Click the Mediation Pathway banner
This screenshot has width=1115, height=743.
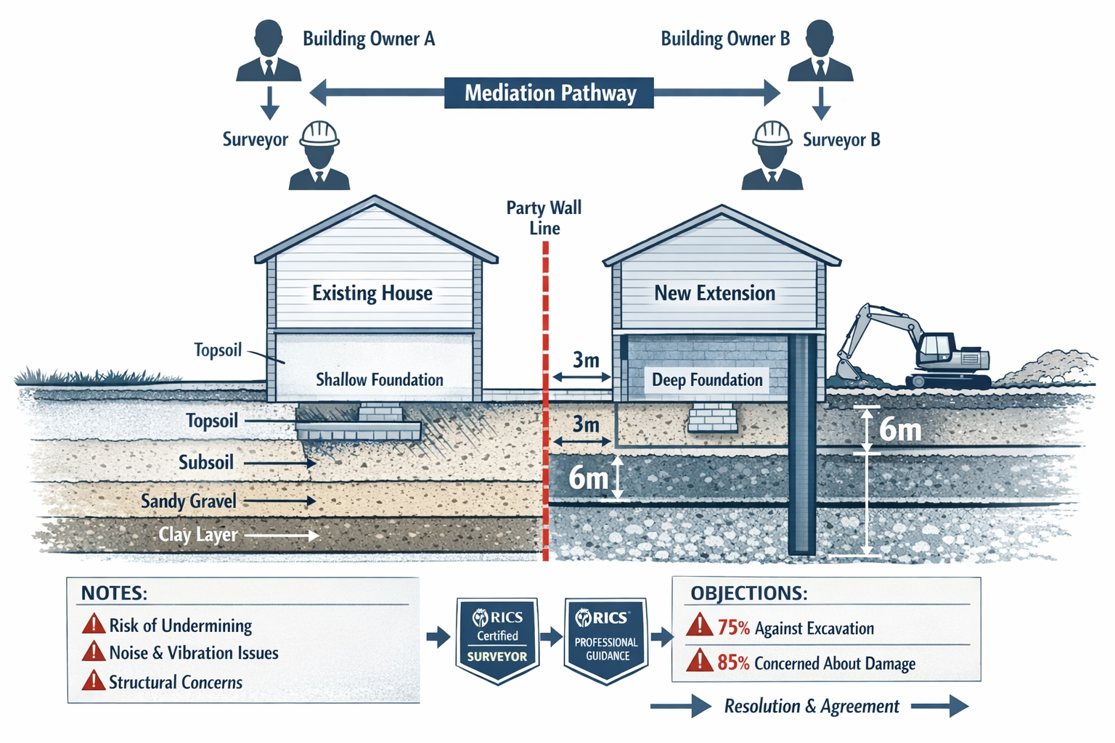tap(549, 93)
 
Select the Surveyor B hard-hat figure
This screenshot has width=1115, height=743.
tap(772, 155)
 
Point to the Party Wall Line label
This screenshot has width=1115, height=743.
tap(544, 218)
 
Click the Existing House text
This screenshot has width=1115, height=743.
tap(372, 293)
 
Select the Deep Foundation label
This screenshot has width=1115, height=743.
tap(707, 380)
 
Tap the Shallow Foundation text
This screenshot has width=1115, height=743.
tap(379, 379)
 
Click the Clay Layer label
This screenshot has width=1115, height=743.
tap(198, 535)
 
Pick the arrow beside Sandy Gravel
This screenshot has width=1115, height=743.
tap(279, 501)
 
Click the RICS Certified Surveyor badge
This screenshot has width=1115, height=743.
tap(497, 639)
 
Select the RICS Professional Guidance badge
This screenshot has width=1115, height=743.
tap(606, 639)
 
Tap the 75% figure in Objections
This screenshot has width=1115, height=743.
tap(733, 628)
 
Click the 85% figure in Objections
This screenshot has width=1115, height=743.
tap(733, 662)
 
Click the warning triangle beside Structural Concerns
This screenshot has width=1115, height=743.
tap(94, 681)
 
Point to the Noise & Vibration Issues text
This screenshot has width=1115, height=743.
tap(194, 653)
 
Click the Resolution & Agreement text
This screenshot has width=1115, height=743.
tap(812, 706)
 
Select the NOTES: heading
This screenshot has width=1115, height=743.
tap(114, 593)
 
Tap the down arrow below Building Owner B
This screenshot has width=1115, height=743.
tap(821, 104)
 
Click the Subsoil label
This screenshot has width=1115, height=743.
tap(206, 462)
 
